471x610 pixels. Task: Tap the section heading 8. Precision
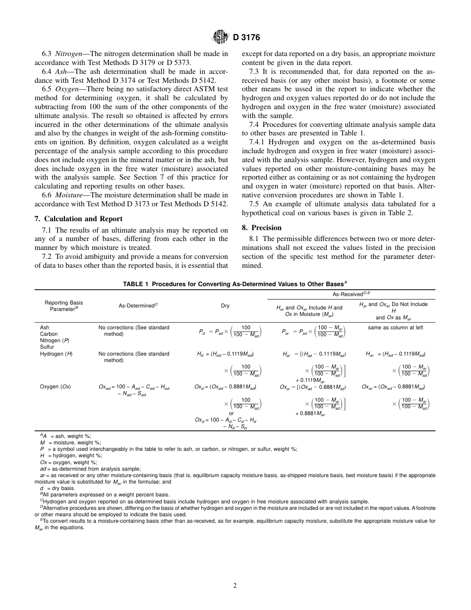click(262, 228)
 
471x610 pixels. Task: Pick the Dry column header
click(225, 306)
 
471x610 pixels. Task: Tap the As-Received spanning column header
click(351, 294)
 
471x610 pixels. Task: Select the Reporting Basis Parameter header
click(63, 306)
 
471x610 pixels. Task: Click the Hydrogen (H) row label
click(56, 354)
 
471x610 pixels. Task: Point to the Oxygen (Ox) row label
click(55, 386)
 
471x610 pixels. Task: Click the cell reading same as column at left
click(395, 327)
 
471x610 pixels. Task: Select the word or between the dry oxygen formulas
click(231, 413)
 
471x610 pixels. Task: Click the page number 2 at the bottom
click(235, 585)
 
